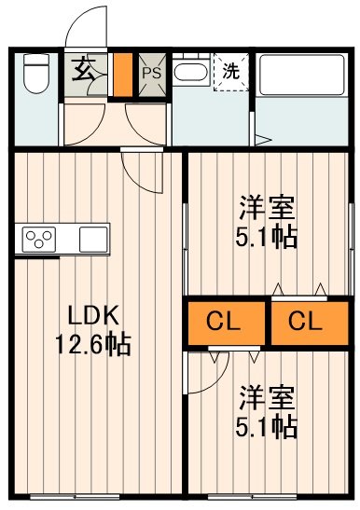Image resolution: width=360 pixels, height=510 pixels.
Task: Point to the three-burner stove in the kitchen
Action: pyautogui.click(x=40, y=239)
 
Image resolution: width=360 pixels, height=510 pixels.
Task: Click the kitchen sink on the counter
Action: pyautogui.click(x=93, y=239)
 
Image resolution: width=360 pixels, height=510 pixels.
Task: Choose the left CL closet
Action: pyautogui.click(x=225, y=323)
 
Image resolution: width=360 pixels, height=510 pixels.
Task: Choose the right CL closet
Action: pyautogui.click(x=304, y=323)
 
